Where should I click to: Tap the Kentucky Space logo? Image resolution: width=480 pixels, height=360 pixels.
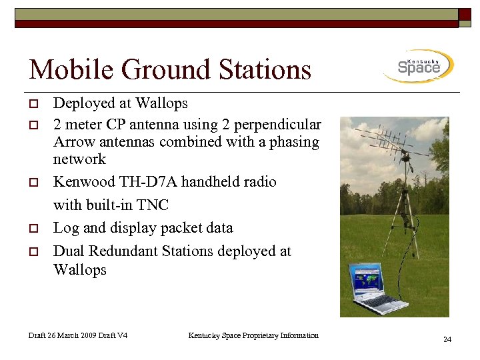pyautogui.click(x=419, y=66)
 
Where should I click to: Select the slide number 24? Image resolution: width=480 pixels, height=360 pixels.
pyautogui.click(x=447, y=340)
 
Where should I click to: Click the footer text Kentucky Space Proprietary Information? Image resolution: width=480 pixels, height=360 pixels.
pyautogui.click(x=253, y=335)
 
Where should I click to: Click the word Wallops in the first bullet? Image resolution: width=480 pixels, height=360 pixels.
pyautogui.click(x=161, y=103)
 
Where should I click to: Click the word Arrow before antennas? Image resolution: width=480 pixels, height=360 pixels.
pyautogui.click(x=73, y=142)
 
